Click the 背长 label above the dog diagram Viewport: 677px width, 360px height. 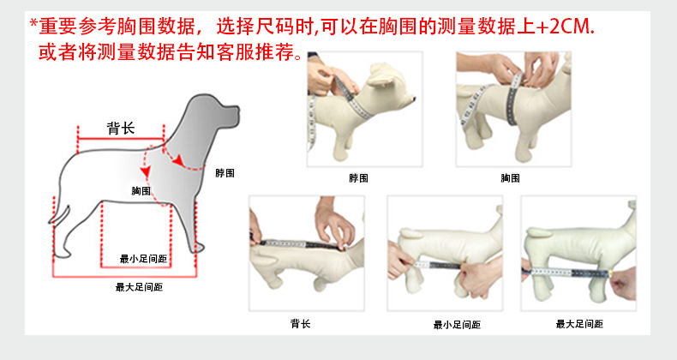tap(121, 129)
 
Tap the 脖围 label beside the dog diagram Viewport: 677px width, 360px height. tap(225, 173)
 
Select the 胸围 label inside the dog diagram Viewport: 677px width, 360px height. tap(141, 190)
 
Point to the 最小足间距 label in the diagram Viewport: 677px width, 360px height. tap(143, 259)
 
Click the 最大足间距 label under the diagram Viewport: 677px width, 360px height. tap(139, 287)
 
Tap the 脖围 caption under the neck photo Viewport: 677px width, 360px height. tap(359, 177)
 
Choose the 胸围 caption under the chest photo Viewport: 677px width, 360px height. tap(511, 177)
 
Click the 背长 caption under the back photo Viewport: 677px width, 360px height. tap(301, 323)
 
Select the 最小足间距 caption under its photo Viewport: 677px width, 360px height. tap(458, 325)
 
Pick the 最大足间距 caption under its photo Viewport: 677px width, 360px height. tap(579, 324)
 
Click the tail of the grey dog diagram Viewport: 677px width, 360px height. tap(61, 214)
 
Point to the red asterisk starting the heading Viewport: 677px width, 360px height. tap(33, 23)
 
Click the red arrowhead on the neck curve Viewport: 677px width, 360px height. tap(178, 160)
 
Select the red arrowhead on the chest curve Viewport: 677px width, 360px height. tap(146, 171)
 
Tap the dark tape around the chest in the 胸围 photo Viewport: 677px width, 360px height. tap(513, 99)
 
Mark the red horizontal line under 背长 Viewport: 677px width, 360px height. tap(121, 139)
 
